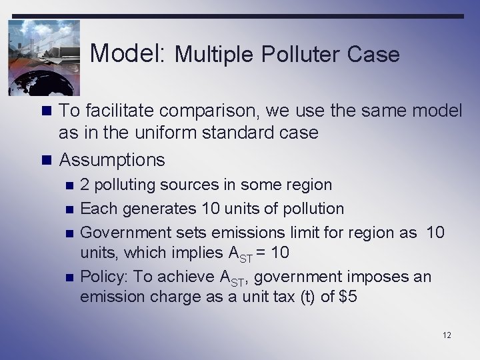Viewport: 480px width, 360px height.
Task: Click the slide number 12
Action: (447, 335)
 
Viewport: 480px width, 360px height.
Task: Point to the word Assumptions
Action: (112, 160)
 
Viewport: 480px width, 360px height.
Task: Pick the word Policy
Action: (100, 276)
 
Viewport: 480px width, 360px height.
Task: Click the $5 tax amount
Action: (348, 297)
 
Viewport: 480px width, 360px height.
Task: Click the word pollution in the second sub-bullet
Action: (310, 209)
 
